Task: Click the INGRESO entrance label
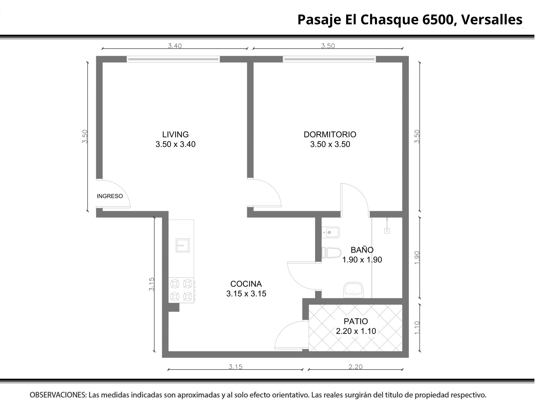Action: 110,196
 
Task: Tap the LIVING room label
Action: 175,134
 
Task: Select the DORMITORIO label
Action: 330,134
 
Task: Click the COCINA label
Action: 246,284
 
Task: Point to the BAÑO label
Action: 362,250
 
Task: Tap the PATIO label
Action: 356,321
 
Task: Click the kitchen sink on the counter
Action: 182,245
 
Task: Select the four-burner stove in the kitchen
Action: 181,290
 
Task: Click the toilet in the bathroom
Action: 331,253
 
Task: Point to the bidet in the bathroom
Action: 331,232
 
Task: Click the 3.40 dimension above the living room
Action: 175,46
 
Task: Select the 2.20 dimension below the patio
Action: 355,367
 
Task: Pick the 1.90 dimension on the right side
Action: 417,258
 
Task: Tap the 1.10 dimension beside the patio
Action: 417,328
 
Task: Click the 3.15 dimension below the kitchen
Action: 235,367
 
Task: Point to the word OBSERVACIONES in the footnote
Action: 58,395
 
